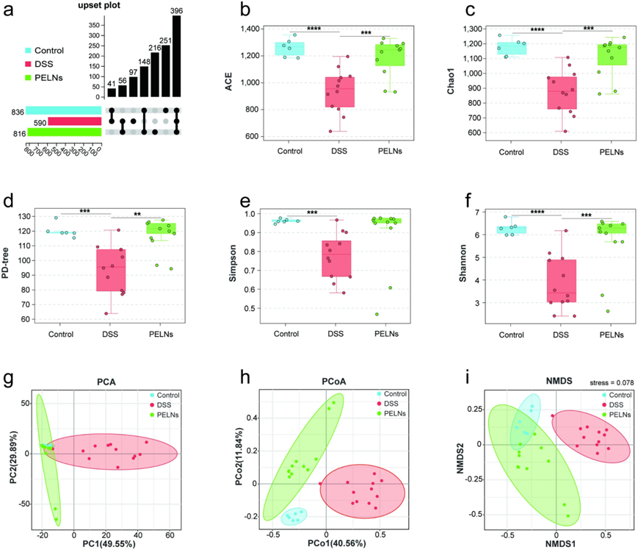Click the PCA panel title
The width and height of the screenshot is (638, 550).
pyautogui.click(x=109, y=382)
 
